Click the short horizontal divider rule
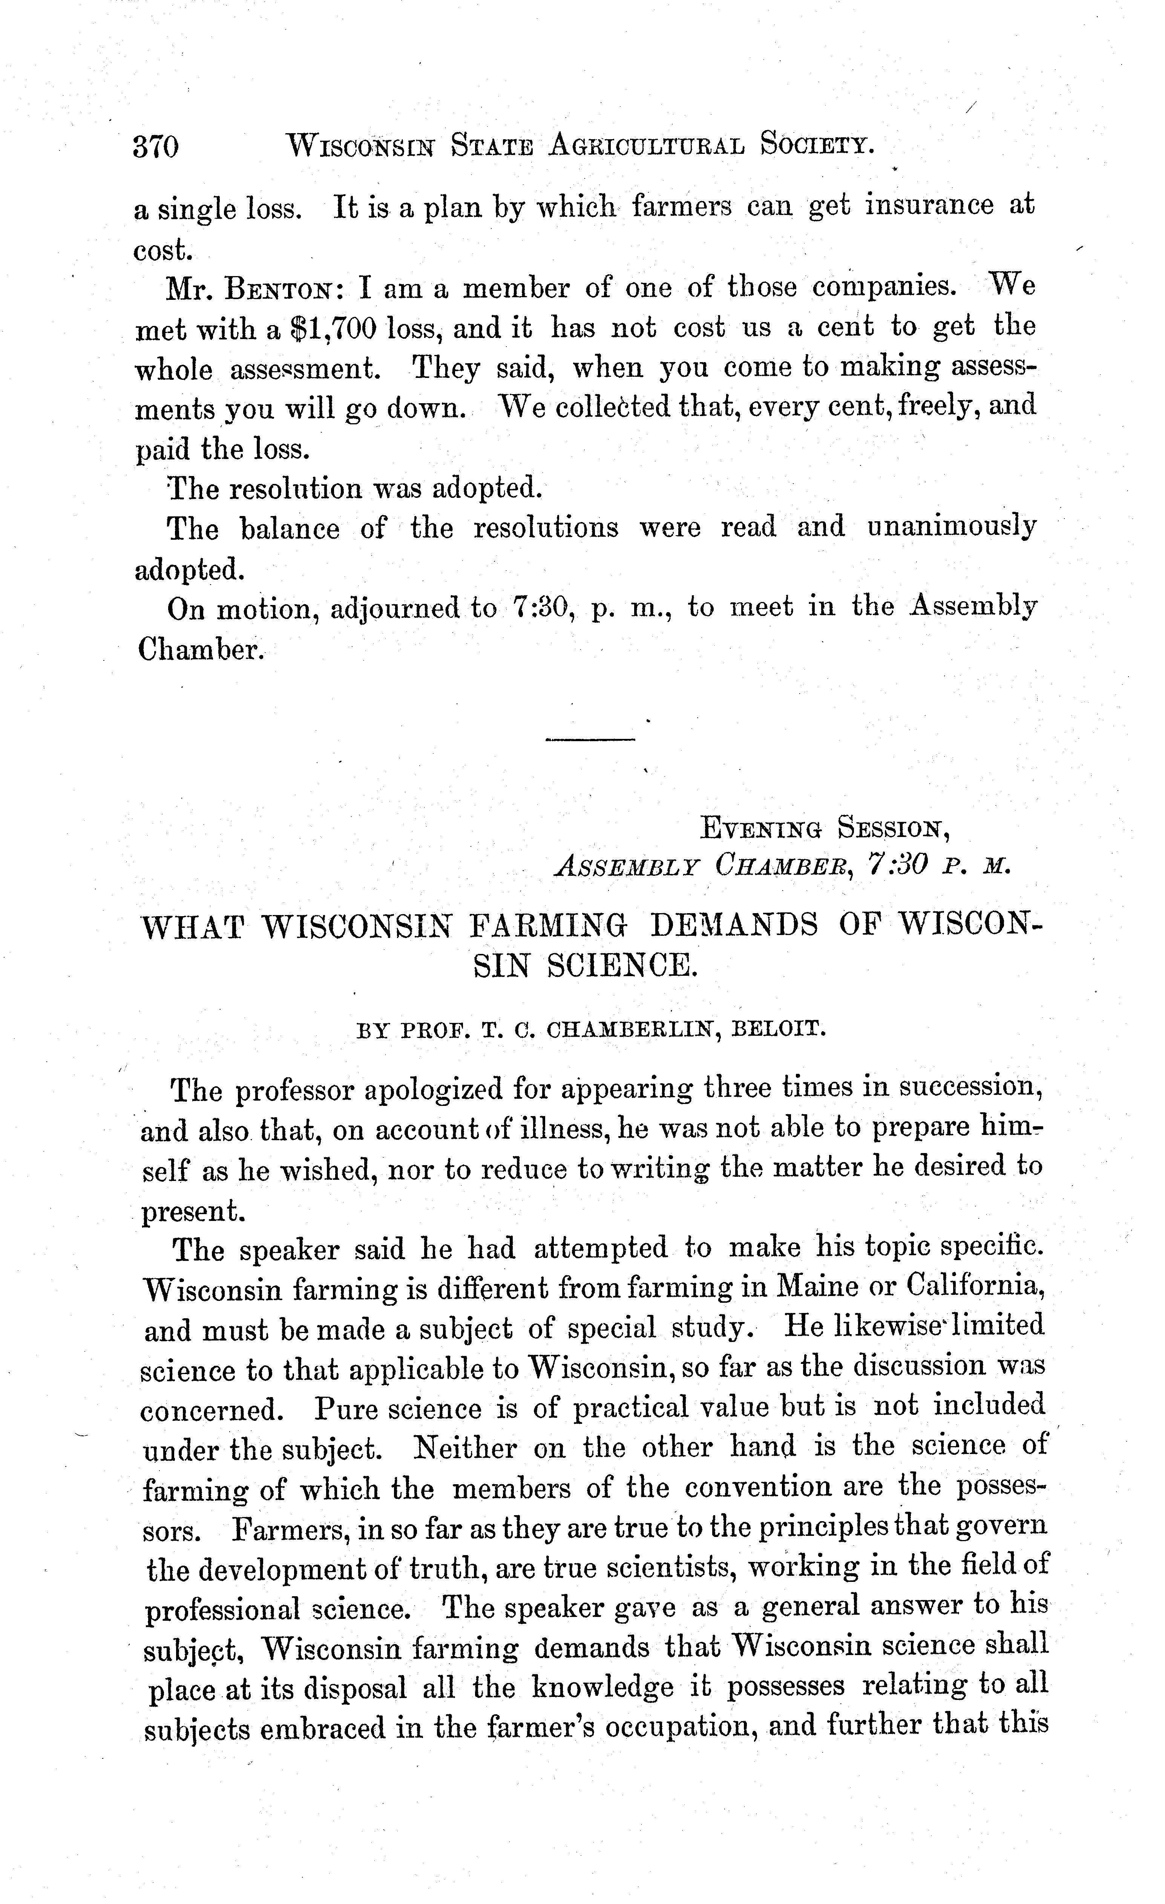(589, 740)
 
